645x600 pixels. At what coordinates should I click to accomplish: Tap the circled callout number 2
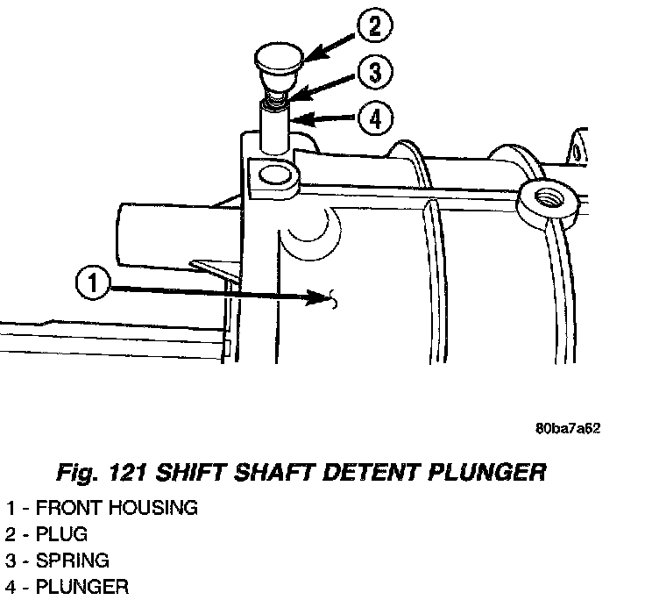(x=375, y=27)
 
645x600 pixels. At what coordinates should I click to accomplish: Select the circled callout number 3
(x=375, y=75)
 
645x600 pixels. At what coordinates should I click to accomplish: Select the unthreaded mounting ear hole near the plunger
(x=274, y=178)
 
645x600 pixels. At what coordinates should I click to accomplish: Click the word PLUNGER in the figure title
(x=487, y=474)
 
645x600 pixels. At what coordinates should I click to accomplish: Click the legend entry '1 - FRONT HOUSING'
(x=101, y=507)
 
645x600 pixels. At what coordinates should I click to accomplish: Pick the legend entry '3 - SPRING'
(x=58, y=560)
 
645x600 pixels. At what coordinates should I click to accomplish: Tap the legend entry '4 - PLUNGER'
(x=66, y=586)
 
